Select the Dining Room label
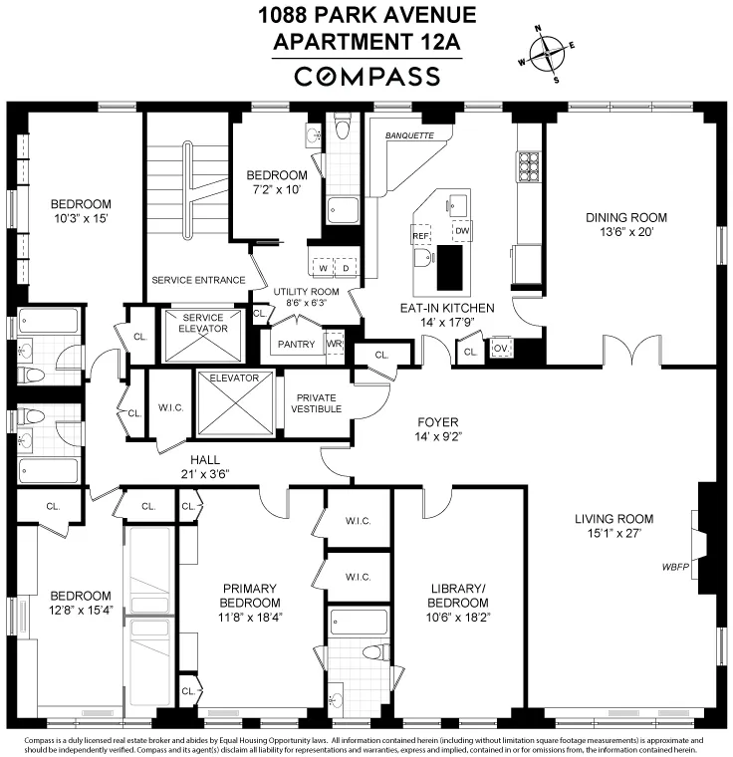click(x=625, y=217)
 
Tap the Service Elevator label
click(x=203, y=323)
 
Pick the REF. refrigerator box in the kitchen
click(x=419, y=235)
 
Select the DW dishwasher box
click(x=461, y=232)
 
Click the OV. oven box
click(x=501, y=349)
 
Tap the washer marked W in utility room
click(x=324, y=268)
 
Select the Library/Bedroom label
click(x=458, y=596)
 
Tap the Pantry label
click(x=297, y=345)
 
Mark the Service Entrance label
click(x=198, y=280)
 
